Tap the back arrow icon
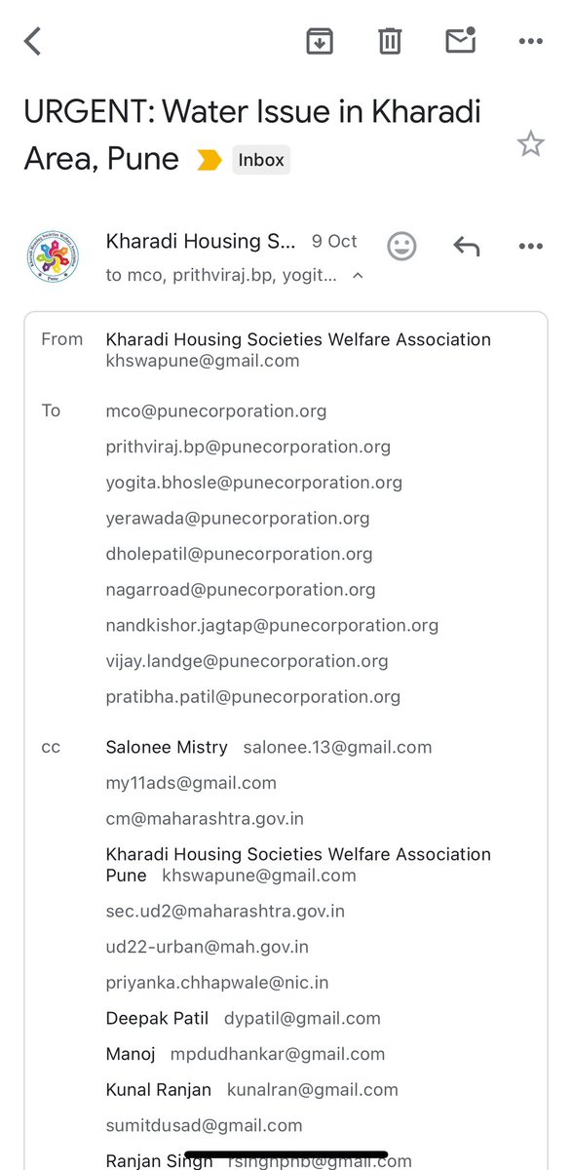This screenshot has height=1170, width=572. point(33,41)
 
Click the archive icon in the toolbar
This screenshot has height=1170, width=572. point(320,41)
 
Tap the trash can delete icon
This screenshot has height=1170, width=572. point(390,41)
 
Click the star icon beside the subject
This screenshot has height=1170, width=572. point(530,145)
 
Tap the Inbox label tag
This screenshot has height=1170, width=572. point(261,160)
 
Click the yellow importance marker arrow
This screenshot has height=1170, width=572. point(209,160)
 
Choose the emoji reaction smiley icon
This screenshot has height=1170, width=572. point(401,246)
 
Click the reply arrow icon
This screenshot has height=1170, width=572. point(467,246)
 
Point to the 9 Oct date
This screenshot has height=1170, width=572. point(334,241)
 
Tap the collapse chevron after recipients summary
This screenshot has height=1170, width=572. point(358,276)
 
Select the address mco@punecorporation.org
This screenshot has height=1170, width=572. point(216,411)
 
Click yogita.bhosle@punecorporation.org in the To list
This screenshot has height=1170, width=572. point(253,483)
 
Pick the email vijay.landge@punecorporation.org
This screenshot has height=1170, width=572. point(247,661)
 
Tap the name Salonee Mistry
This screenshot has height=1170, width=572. point(167,748)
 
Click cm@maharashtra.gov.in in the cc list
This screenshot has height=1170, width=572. point(205,819)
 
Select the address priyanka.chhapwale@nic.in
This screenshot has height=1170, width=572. point(217,983)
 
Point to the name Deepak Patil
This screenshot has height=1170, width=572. point(157,1019)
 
